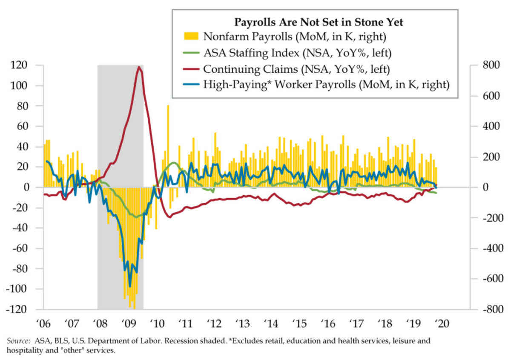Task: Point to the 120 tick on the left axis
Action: coord(29,65)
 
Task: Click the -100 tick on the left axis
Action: coord(27,289)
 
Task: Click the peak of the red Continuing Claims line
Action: coord(139,67)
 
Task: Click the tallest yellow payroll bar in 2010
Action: coord(168,105)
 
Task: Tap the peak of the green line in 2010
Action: coord(174,163)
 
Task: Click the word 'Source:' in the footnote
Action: coord(17,341)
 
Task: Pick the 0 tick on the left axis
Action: coord(35,187)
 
